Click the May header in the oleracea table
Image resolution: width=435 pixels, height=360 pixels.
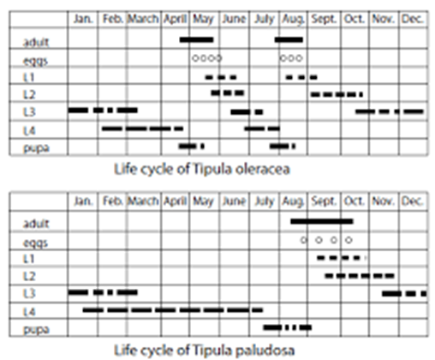pyautogui.click(x=203, y=19)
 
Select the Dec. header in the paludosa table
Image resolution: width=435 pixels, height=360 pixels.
pyautogui.click(x=412, y=201)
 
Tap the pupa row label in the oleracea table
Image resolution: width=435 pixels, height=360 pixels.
pyautogui.click(x=36, y=148)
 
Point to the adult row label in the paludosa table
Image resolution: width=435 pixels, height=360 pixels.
pyautogui.click(x=36, y=223)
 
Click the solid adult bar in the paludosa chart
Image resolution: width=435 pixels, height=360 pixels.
pyautogui.click(x=322, y=221)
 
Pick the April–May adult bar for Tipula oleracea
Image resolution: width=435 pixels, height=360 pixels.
pyautogui.click(x=197, y=39)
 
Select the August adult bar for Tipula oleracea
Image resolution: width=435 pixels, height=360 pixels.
pyautogui.click(x=289, y=39)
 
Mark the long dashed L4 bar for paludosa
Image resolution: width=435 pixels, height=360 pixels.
pyautogui.click(x=173, y=309)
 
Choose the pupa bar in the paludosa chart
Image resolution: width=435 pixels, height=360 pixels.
pyautogui.click(x=287, y=327)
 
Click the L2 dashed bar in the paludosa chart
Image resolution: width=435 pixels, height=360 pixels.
pyautogui.click(x=360, y=276)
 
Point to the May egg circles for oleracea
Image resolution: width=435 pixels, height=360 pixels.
pyautogui.click(x=207, y=58)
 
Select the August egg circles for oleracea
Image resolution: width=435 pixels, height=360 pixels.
pyautogui.click(x=291, y=58)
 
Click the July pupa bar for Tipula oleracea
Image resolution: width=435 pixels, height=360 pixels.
pyautogui.click(x=283, y=147)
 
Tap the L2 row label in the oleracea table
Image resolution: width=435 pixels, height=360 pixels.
pyautogui.click(x=29, y=94)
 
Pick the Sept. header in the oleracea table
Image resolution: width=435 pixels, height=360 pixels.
pyautogui.click(x=324, y=19)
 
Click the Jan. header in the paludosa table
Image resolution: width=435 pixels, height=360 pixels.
pyautogui.click(x=83, y=201)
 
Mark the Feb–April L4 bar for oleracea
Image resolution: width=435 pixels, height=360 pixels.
pyautogui.click(x=142, y=129)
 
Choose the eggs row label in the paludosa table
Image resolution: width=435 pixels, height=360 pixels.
pyautogui.click(x=35, y=243)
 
